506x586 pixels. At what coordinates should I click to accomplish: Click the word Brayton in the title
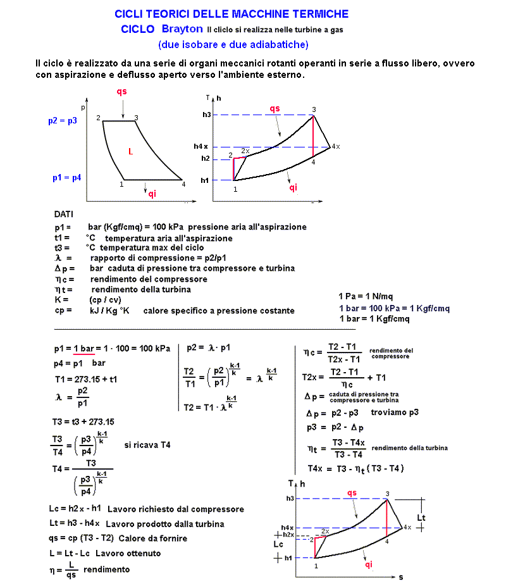pyautogui.click(x=182, y=29)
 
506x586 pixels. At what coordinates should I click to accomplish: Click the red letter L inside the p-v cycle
pyautogui.click(x=130, y=152)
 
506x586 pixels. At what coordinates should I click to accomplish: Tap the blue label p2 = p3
pyautogui.click(x=63, y=120)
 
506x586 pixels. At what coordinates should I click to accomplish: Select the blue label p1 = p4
pyautogui.click(x=66, y=178)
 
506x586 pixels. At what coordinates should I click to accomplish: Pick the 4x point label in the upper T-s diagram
pyautogui.click(x=336, y=147)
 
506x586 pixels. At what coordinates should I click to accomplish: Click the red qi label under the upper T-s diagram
pyautogui.click(x=293, y=187)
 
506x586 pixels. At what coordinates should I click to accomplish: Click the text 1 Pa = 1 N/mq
pyautogui.click(x=366, y=296)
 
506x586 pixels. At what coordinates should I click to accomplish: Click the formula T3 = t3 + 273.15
pyautogui.click(x=83, y=421)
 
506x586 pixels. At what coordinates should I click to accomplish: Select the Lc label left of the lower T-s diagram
pyautogui.click(x=279, y=544)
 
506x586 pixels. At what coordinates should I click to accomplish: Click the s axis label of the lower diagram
pyautogui.click(x=400, y=577)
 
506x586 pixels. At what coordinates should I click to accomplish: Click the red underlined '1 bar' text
pyautogui.click(x=84, y=349)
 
